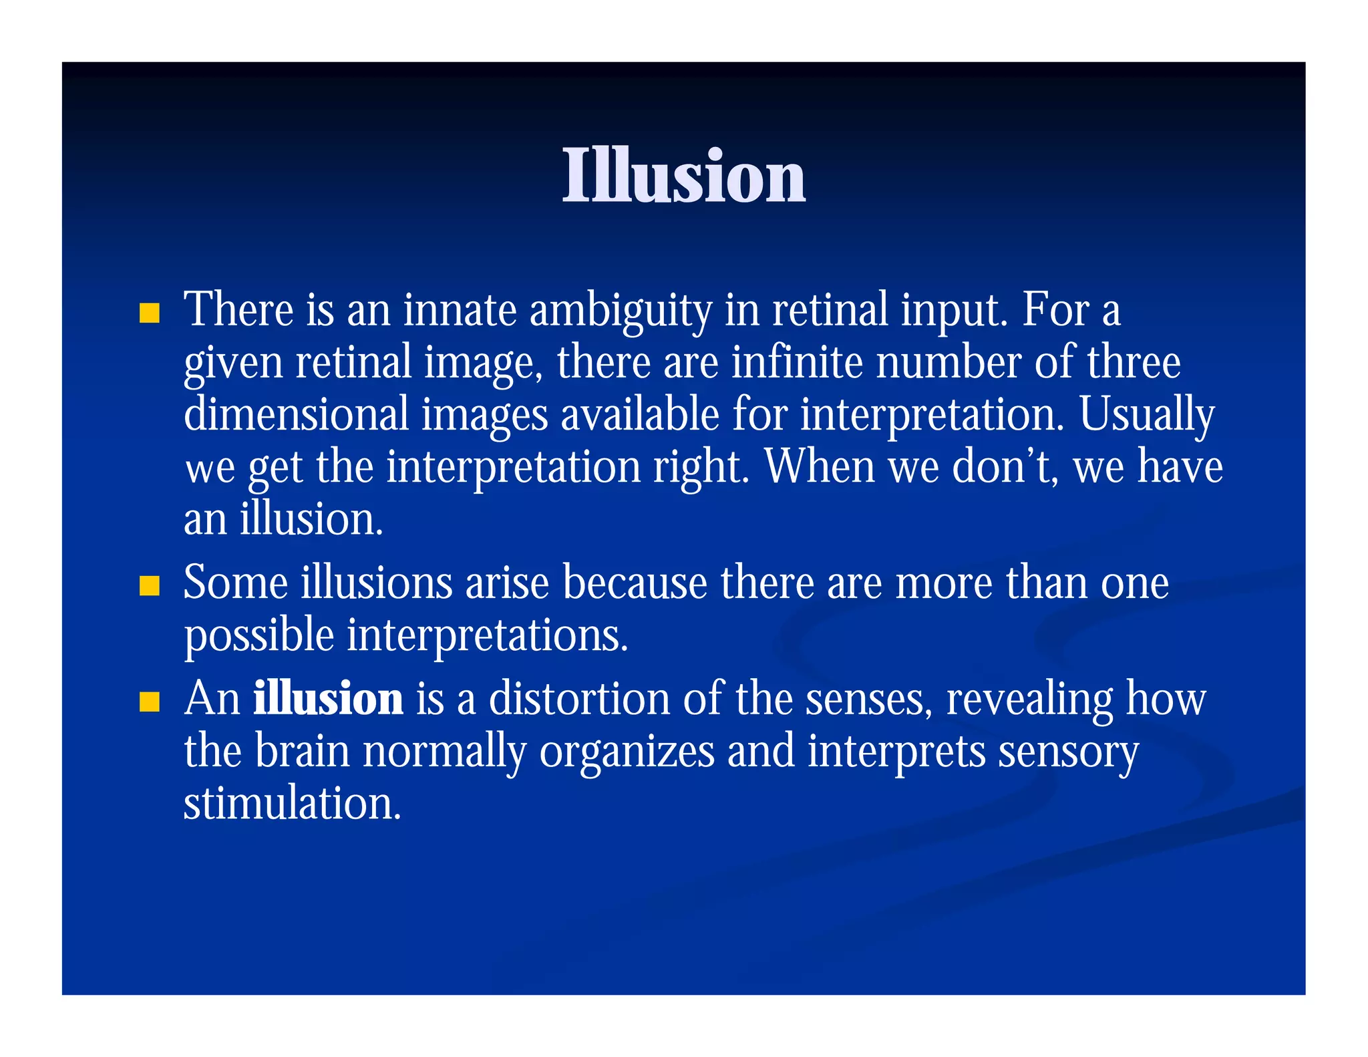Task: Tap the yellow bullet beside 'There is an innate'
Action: tap(150, 313)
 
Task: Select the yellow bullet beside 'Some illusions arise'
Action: tap(150, 585)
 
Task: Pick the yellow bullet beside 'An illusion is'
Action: tap(150, 702)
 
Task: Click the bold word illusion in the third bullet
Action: tap(328, 699)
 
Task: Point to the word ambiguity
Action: tap(621, 311)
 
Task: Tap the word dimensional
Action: tap(296, 414)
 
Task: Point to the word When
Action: tap(819, 466)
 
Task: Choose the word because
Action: tap(635, 583)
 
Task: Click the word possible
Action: tap(259, 636)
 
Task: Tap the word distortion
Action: tap(579, 699)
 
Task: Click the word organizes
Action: tap(627, 752)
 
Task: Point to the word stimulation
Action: tap(292, 803)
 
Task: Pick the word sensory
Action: tap(1068, 752)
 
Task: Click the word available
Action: tap(639, 414)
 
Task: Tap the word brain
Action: tap(302, 751)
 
